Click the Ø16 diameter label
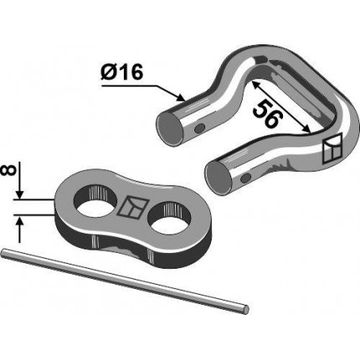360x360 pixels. click(122, 72)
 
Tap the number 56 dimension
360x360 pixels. click(266, 114)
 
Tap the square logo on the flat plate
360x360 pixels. click(131, 207)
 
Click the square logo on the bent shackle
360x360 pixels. click(332, 148)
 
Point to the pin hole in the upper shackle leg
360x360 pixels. click(199, 128)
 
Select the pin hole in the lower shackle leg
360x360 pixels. click(246, 177)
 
